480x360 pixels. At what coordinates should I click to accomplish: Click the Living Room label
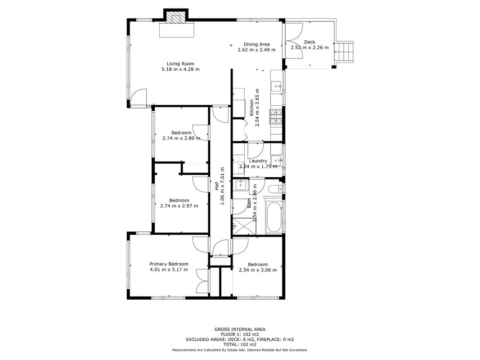point(180,63)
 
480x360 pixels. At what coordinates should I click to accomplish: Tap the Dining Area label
point(256,44)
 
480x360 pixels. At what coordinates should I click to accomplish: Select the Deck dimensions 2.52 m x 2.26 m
point(310,47)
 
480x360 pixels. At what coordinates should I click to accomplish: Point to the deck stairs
point(344,52)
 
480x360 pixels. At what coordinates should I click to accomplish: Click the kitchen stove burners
point(276,117)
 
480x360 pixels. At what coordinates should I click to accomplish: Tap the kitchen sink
point(278,85)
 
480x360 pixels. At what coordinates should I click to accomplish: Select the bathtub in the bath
point(274,217)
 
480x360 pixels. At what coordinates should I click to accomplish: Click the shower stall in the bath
point(244,226)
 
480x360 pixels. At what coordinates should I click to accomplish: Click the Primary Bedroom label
point(169,264)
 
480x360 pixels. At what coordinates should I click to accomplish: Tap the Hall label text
point(216,186)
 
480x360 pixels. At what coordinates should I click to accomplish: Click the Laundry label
point(258,161)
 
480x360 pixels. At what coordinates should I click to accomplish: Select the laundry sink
point(277,160)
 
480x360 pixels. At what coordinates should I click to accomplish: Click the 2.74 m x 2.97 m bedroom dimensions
point(179,206)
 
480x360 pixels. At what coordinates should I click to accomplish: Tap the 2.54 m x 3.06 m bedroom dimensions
point(258,270)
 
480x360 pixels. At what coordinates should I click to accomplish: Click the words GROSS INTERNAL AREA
point(240,329)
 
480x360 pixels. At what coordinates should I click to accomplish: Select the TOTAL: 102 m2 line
point(240,344)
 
